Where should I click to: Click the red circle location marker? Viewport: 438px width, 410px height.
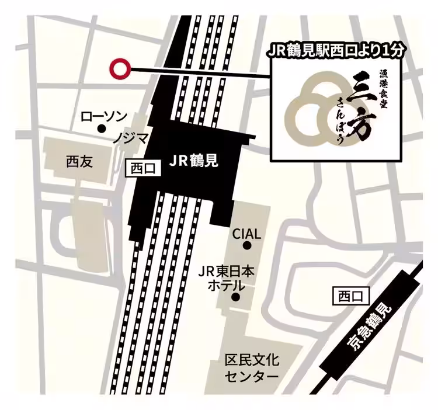pos(120,69)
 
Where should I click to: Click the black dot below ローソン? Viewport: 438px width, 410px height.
pos(101,128)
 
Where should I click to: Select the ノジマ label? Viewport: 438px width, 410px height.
pos(130,138)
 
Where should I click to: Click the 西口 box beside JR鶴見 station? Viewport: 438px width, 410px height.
pos(142,169)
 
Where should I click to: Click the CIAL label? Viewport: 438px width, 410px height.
pos(246,234)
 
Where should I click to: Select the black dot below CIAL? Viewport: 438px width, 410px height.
pos(247,246)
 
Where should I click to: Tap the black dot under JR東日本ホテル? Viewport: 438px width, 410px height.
pos(236,297)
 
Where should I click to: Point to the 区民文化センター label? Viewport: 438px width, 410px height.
pos(252,367)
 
